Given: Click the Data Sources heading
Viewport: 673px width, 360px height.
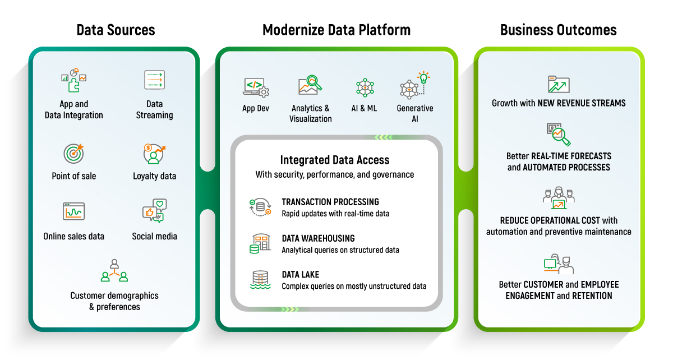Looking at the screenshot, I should pyautogui.click(x=116, y=30).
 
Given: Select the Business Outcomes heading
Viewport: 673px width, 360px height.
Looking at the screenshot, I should pyautogui.click(x=558, y=30).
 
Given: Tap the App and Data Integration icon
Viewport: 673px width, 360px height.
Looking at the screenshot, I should pyautogui.click(x=73, y=81).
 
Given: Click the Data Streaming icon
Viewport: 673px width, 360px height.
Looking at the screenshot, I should pyautogui.click(x=154, y=80).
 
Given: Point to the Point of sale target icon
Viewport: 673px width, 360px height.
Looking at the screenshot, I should pyautogui.click(x=74, y=153).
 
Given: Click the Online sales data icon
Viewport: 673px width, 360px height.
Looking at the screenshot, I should pyautogui.click(x=73, y=212).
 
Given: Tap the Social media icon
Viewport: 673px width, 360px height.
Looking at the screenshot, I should pyautogui.click(x=154, y=211).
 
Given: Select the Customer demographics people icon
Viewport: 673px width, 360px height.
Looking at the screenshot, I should pyautogui.click(x=114, y=270).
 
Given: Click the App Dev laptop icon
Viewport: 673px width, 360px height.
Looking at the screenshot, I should pyautogui.click(x=256, y=87).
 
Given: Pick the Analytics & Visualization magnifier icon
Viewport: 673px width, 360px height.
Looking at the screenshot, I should pyautogui.click(x=310, y=85).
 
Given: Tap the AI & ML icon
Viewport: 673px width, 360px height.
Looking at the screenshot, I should pyautogui.click(x=364, y=87).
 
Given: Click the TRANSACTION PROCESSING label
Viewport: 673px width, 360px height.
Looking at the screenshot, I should pyautogui.click(x=330, y=202).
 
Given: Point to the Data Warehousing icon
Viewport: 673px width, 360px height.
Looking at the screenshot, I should pyautogui.click(x=260, y=243).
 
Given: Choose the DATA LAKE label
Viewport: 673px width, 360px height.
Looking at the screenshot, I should pyautogui.click(x=300, y=275).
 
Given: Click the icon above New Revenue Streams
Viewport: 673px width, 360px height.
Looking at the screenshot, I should pyautogui.click(x=558, y=85).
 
